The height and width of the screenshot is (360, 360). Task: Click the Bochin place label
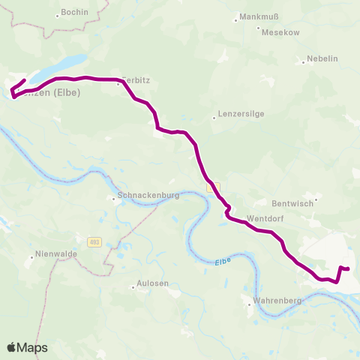pos(75,13)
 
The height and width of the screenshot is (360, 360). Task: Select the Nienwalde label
pos(55,256)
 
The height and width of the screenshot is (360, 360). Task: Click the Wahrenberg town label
pos(277,301)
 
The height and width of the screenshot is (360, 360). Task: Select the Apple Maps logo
pos(27,347)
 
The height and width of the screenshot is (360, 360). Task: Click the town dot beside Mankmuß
pos(236,19)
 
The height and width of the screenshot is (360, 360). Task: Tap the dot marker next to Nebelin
pos(304,62)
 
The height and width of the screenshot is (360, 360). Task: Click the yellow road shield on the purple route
pos(214,186)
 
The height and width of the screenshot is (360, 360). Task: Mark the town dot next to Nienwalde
pos(31,256)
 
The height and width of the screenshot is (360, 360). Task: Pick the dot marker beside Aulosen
pos(133,285)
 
